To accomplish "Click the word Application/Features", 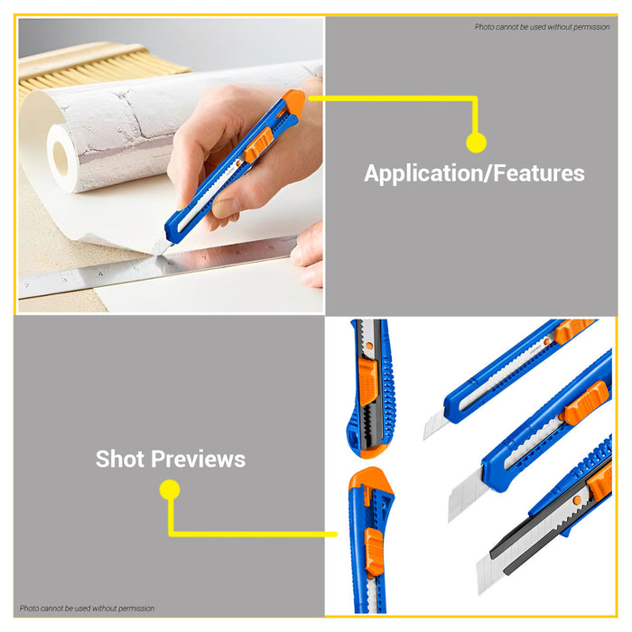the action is pos(474,173).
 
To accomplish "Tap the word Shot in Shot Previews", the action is pos(120,459).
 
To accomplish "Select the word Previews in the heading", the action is pos(198,459).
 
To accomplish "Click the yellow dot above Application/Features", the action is pos(476,143).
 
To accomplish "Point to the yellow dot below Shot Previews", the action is pos(170,489).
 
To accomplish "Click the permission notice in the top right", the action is pos(542,27).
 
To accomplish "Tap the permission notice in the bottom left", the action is pos(87,609).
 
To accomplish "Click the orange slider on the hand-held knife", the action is pos(258,144).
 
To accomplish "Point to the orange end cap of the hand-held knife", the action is pos(293,103).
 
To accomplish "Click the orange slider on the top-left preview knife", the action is pos(368,381).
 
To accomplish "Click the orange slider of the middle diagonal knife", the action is pos(587,402).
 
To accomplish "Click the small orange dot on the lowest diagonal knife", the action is pos(577,500).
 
